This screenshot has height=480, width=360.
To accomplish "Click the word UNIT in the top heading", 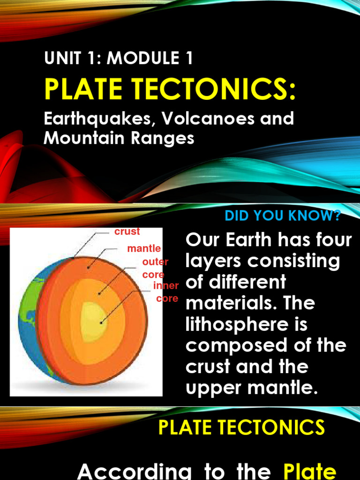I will [59, 59].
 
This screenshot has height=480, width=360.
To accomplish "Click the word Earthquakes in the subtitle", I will [97, 119].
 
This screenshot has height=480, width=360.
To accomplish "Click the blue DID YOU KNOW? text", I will [283, 216].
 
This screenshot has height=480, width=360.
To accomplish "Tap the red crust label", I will [127, 232].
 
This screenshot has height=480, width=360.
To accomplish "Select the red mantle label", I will [144, 248].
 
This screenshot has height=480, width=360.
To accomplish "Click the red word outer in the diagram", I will [155, 262].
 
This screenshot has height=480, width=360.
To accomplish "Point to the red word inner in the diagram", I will [166, 285].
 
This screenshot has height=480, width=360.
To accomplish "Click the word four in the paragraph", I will [333, 240].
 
